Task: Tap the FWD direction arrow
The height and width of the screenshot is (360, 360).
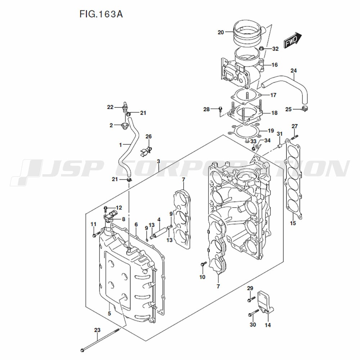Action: pos(292,40)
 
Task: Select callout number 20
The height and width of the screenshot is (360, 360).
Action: pos(221,32)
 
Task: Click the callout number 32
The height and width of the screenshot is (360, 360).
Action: pos(275,49)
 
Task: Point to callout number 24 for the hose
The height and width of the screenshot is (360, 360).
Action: pos(293,71)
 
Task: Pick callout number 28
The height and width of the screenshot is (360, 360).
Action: pos(206,109)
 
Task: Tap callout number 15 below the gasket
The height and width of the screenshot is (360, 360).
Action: pos(293,224)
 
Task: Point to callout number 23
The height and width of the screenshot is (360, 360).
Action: pos(97,330)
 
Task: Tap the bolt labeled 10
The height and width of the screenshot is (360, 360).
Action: pos(203,265)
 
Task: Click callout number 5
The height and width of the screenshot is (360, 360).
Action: pos(109,314)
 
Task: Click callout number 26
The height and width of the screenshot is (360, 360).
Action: pos(149,136)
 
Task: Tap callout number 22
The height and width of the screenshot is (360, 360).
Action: pos(110,107)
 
